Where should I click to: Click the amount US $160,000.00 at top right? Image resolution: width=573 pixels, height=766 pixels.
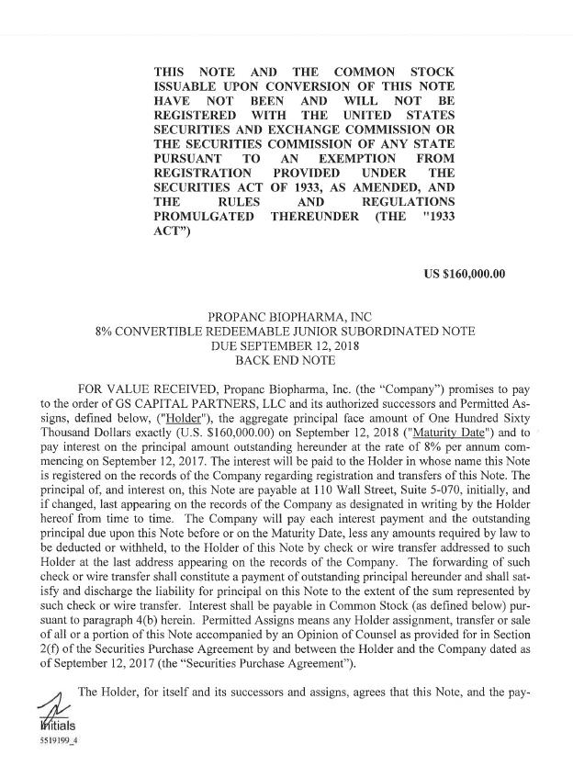click(x=462, y=274)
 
